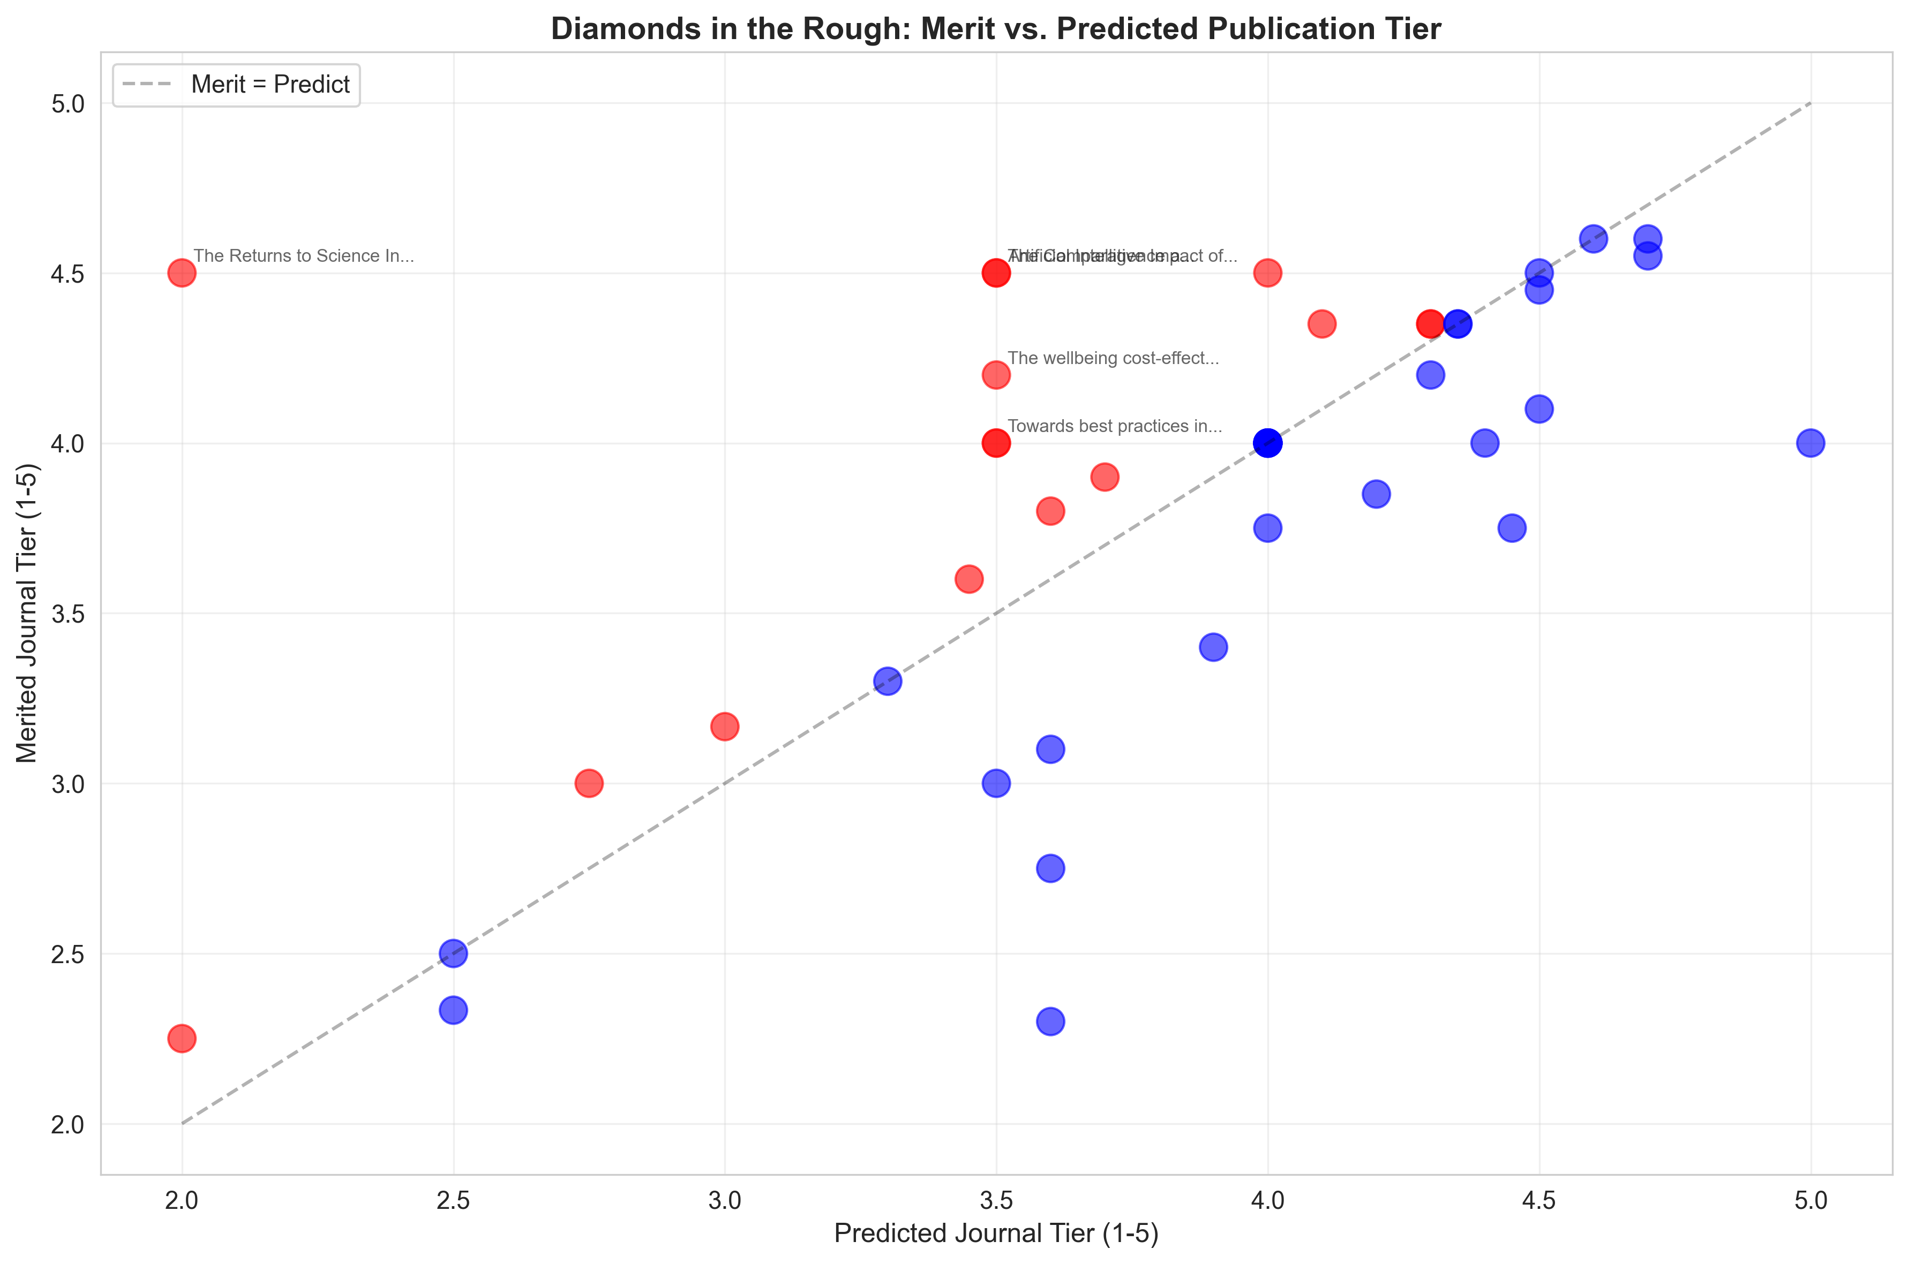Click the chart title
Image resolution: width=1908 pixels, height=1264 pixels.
click(x=995, y=29)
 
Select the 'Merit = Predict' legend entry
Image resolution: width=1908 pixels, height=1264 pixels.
click(x=269, y=85)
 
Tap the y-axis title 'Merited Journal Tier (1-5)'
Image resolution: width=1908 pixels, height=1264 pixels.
click(x=27, y=612)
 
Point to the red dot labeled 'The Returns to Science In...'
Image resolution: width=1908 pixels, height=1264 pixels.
click(x=182, y=273)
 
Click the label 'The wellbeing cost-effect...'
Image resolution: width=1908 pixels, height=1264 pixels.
click(x=1113, y=358)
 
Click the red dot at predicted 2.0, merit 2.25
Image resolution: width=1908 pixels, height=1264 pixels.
click(x=182, y=1038)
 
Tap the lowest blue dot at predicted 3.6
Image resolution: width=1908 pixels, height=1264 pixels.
click(x=1050, y=1021)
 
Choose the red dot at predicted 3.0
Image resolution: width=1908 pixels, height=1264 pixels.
click(x=725, y=726)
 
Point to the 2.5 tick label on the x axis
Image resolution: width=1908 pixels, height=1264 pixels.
click(x=453, y=1201)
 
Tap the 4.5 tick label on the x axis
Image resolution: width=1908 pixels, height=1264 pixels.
click(x=1538, y=1201)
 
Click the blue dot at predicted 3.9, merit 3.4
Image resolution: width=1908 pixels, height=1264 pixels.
click(x=1213, y=647)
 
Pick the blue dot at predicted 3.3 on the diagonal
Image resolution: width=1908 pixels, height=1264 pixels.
click(x=887, y=681)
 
